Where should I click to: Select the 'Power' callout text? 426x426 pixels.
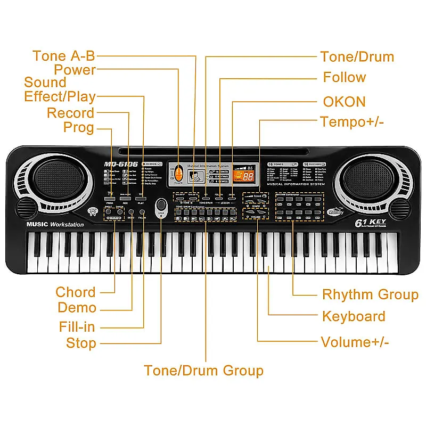coord(75,70)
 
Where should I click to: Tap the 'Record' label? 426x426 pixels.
coord(70,113)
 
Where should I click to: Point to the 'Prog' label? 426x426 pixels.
coord(78,127)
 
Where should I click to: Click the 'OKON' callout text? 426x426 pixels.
coord(344,102)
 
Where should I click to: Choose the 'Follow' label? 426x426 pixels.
coord(344,77)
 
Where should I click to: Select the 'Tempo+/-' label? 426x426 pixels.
coord(352,121)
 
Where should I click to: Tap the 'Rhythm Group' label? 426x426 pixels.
coord(370,294)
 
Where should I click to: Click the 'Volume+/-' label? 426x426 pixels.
coord(355,341)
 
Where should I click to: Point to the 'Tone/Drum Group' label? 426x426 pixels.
coord(203,370)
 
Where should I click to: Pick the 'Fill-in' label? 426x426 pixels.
coord(77,326)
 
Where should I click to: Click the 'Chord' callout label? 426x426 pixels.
coord(76,292)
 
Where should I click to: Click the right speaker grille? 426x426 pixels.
coord(367,176)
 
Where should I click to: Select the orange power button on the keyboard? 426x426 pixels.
coord(179,174)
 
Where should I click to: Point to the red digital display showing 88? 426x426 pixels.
coord(248,176)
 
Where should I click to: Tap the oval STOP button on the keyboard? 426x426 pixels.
coord(161,206)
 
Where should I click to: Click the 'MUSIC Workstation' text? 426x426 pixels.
coord(55,224)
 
